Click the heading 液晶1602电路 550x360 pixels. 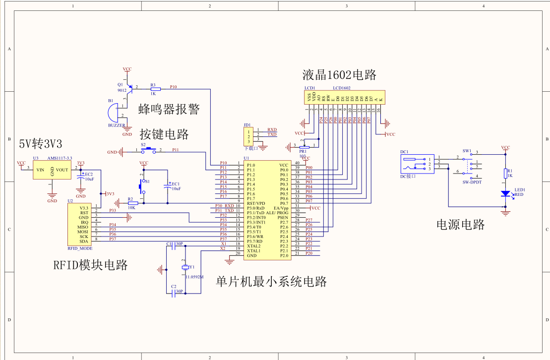pos(340,75)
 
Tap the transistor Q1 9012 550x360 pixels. pos(129,88)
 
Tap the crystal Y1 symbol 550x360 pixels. pos(185,268)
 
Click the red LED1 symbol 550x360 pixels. pos(505,193)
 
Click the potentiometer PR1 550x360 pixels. pos(304,146)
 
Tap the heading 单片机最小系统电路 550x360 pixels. pos(271,282)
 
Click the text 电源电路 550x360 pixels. pos(460,224)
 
